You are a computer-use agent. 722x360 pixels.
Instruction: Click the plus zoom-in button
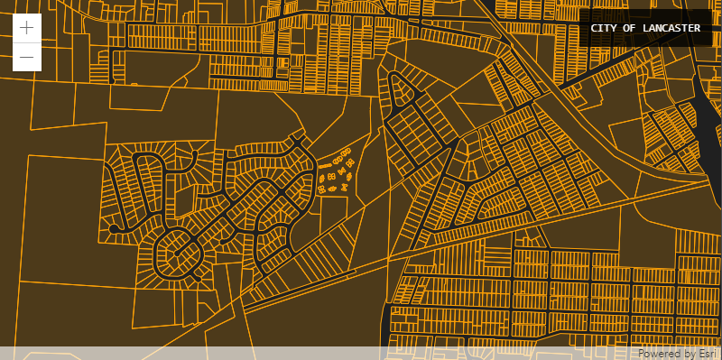tap(27, 27)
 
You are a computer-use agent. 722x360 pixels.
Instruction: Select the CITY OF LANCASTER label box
tap(645, 28)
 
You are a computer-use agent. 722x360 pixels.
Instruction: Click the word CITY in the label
tap(603, 28)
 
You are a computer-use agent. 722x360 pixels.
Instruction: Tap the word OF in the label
tap(628, 28)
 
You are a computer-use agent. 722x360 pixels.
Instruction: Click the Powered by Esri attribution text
tap(677, 354)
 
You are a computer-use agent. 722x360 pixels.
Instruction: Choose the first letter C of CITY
tap(594, 28)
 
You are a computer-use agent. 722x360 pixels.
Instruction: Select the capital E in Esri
tap(699, 354)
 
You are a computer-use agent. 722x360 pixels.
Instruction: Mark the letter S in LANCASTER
tap(678, 28)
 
